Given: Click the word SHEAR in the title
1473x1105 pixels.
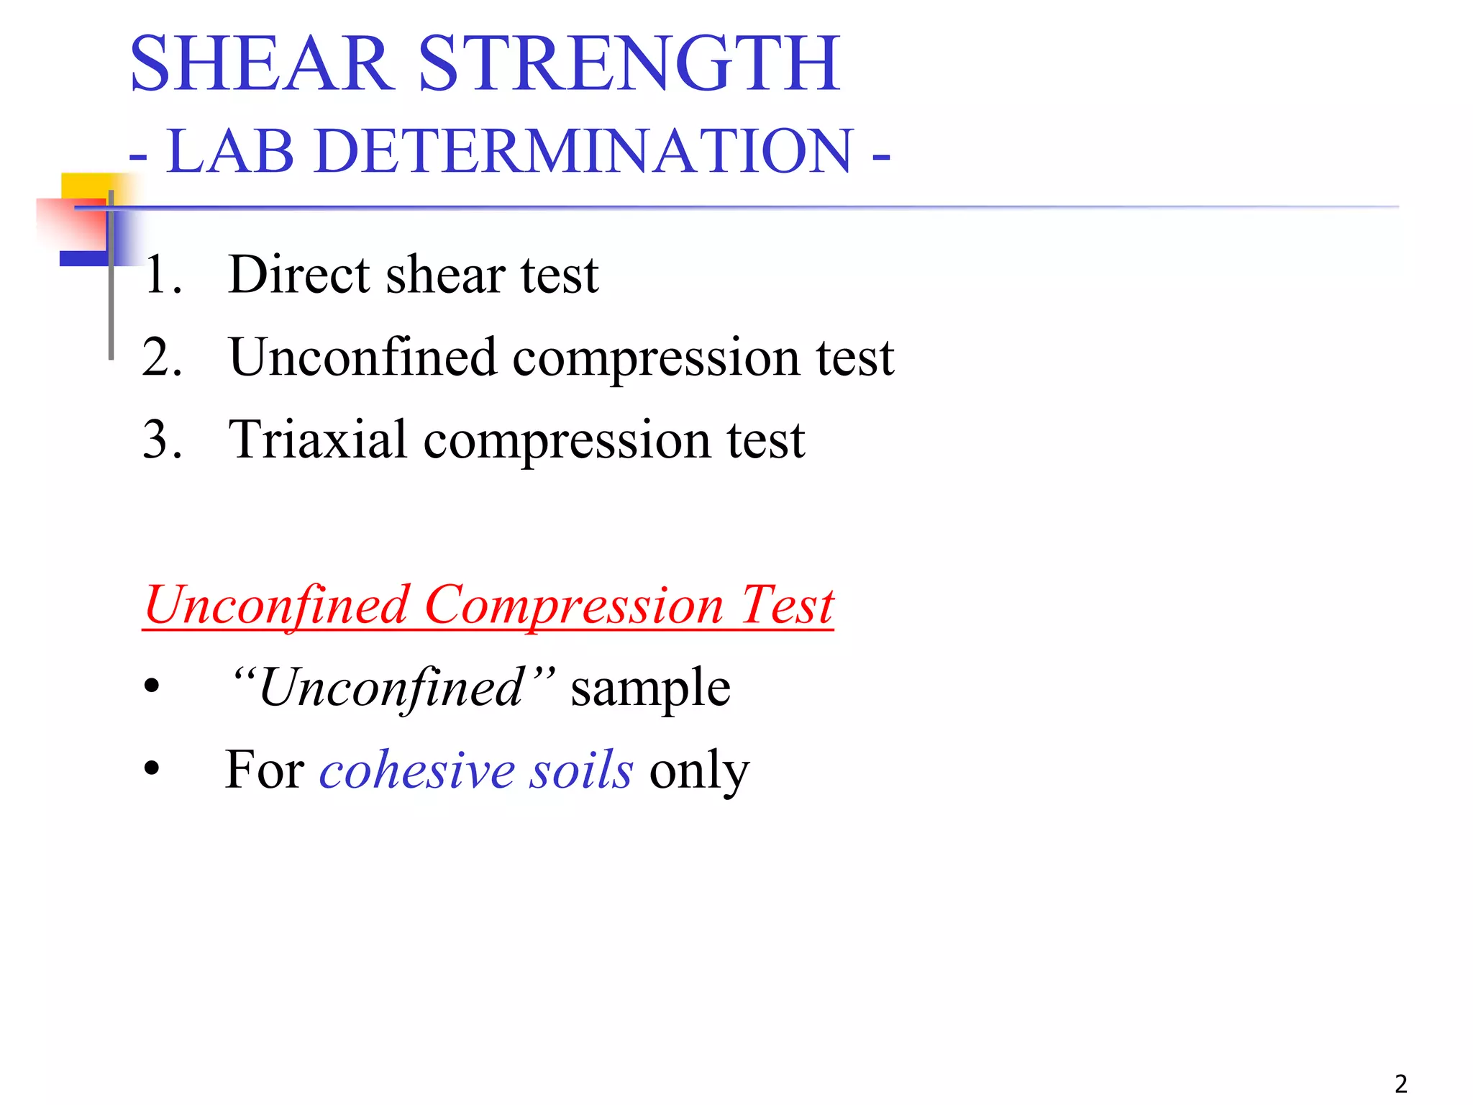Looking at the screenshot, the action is (x=263, y=65).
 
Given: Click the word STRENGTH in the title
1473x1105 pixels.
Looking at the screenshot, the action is (x=629, y=65).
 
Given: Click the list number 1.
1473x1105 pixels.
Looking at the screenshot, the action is (x=162, y=276).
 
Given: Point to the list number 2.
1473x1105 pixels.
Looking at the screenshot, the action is (x=162, y=358).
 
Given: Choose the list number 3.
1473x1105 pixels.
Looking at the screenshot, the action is (x=162, y=440).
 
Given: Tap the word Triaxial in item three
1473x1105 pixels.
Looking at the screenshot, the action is (x=317, y=440).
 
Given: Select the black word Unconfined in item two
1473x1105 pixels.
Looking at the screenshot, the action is (x=362, y=358).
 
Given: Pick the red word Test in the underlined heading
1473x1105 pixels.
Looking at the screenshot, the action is (x=787, y=606).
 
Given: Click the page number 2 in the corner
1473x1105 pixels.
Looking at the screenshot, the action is (x=1400, y=1083).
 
